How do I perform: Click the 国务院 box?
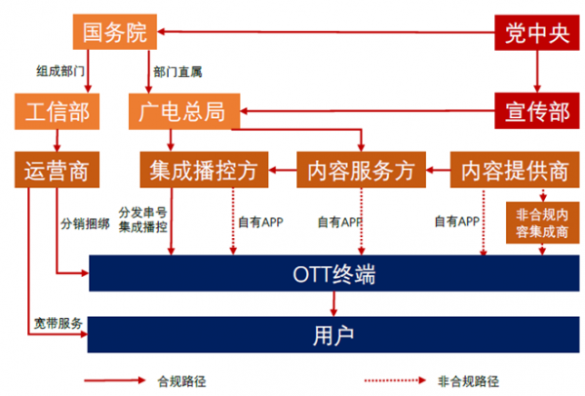pos(114,33)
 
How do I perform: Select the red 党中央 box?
pos(532,33)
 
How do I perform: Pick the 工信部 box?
pos(56,111)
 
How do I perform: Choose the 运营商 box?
pos(57,171)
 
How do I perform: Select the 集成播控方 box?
pos(204,171)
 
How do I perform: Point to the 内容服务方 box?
pos(362,171)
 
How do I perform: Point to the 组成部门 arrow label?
pos(59,71)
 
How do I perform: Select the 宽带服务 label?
pos(57,323)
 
